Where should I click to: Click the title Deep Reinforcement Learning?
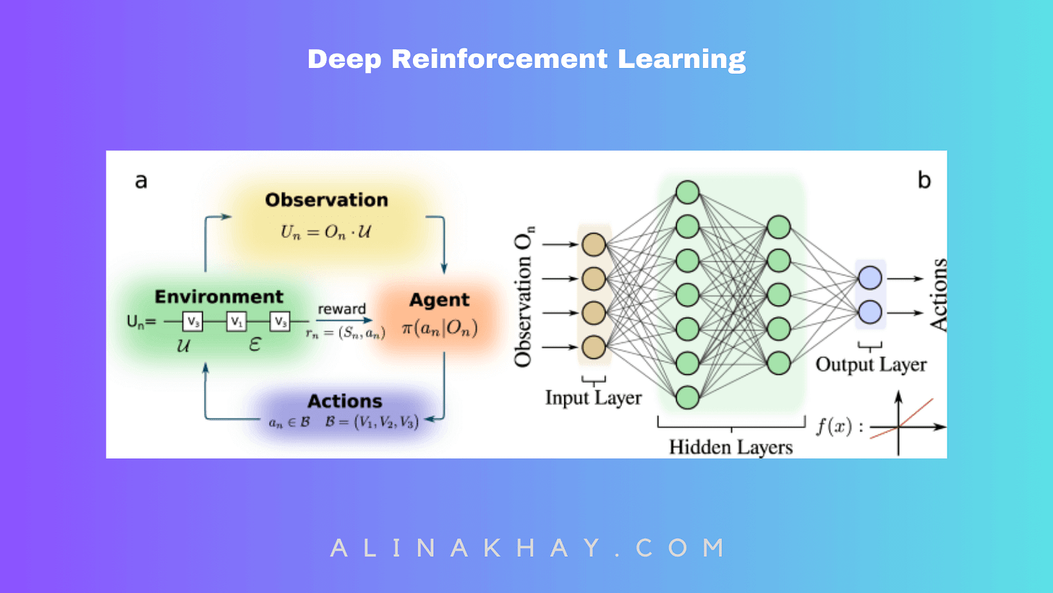point(526,59)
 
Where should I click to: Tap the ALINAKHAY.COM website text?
point(527,547)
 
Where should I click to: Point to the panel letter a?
point(141,181)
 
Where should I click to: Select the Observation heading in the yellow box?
point(326,200)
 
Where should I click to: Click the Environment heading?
point(219,296)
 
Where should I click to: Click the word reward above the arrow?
point(342,309)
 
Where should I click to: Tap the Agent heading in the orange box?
point(440,299)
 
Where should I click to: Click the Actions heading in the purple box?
point(345,401)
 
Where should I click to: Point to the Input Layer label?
point(593,397)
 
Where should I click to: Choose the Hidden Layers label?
point(730,446)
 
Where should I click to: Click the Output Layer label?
point(871,364)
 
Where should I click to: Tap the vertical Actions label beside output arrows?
point(939,295)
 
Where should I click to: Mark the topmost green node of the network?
point(688,192)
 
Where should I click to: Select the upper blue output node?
point(870,278)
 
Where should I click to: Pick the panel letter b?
point(924,181)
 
